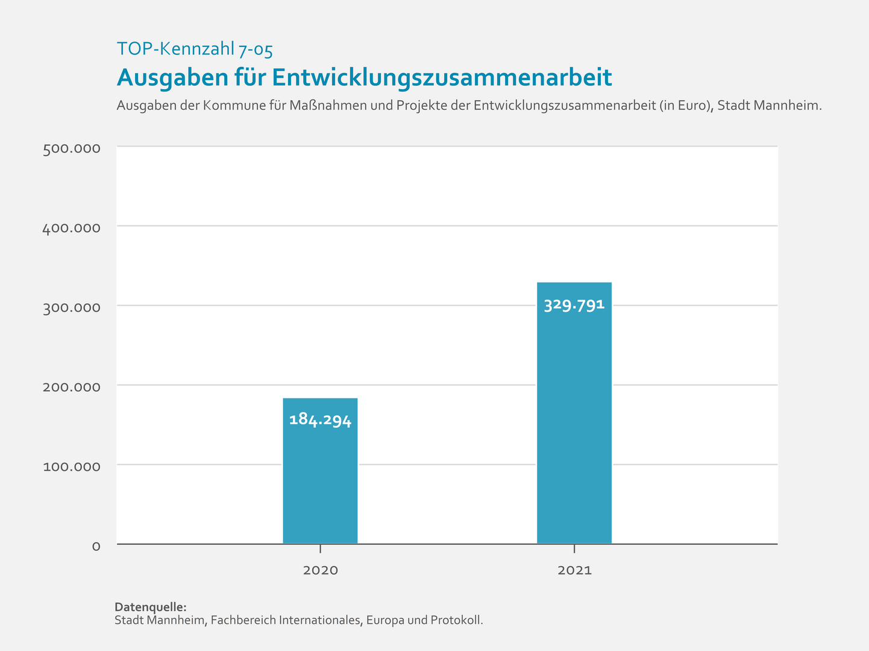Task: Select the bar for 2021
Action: point(574,422)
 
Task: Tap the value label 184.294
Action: point(320,420)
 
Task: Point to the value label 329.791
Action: point(574,305)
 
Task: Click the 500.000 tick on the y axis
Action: point(71,149)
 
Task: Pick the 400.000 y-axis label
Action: point(71,228)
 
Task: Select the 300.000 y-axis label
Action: point(71,308)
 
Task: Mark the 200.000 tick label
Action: point(71,387)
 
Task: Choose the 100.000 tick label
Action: point(71,467)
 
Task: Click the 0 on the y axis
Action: point(96,546)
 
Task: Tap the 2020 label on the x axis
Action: point(320,570)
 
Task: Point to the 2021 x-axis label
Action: point(574,570)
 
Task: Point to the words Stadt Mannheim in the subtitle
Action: point(769,105)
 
